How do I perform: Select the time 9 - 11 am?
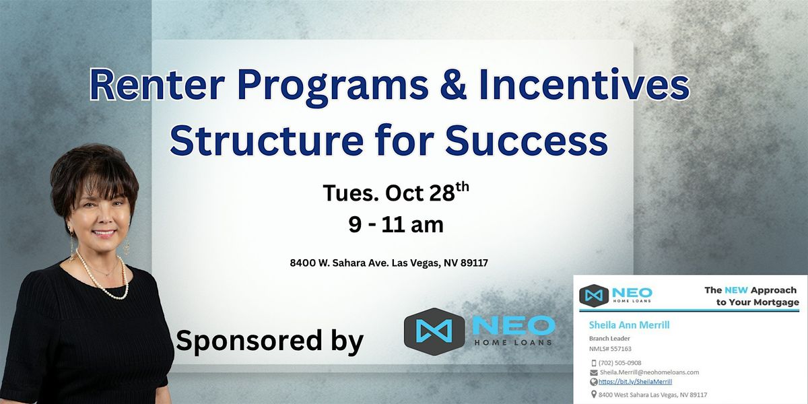[x=396, y=225]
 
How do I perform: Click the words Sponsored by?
[x=269, y=340]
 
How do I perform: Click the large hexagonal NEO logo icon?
[x=434, y=330]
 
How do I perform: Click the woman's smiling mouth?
[x=104, y=233]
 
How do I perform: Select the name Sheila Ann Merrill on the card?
[x=629, y=325]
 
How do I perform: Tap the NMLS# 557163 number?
[x=610, y=349]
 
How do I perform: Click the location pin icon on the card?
[x=593, y=395]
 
